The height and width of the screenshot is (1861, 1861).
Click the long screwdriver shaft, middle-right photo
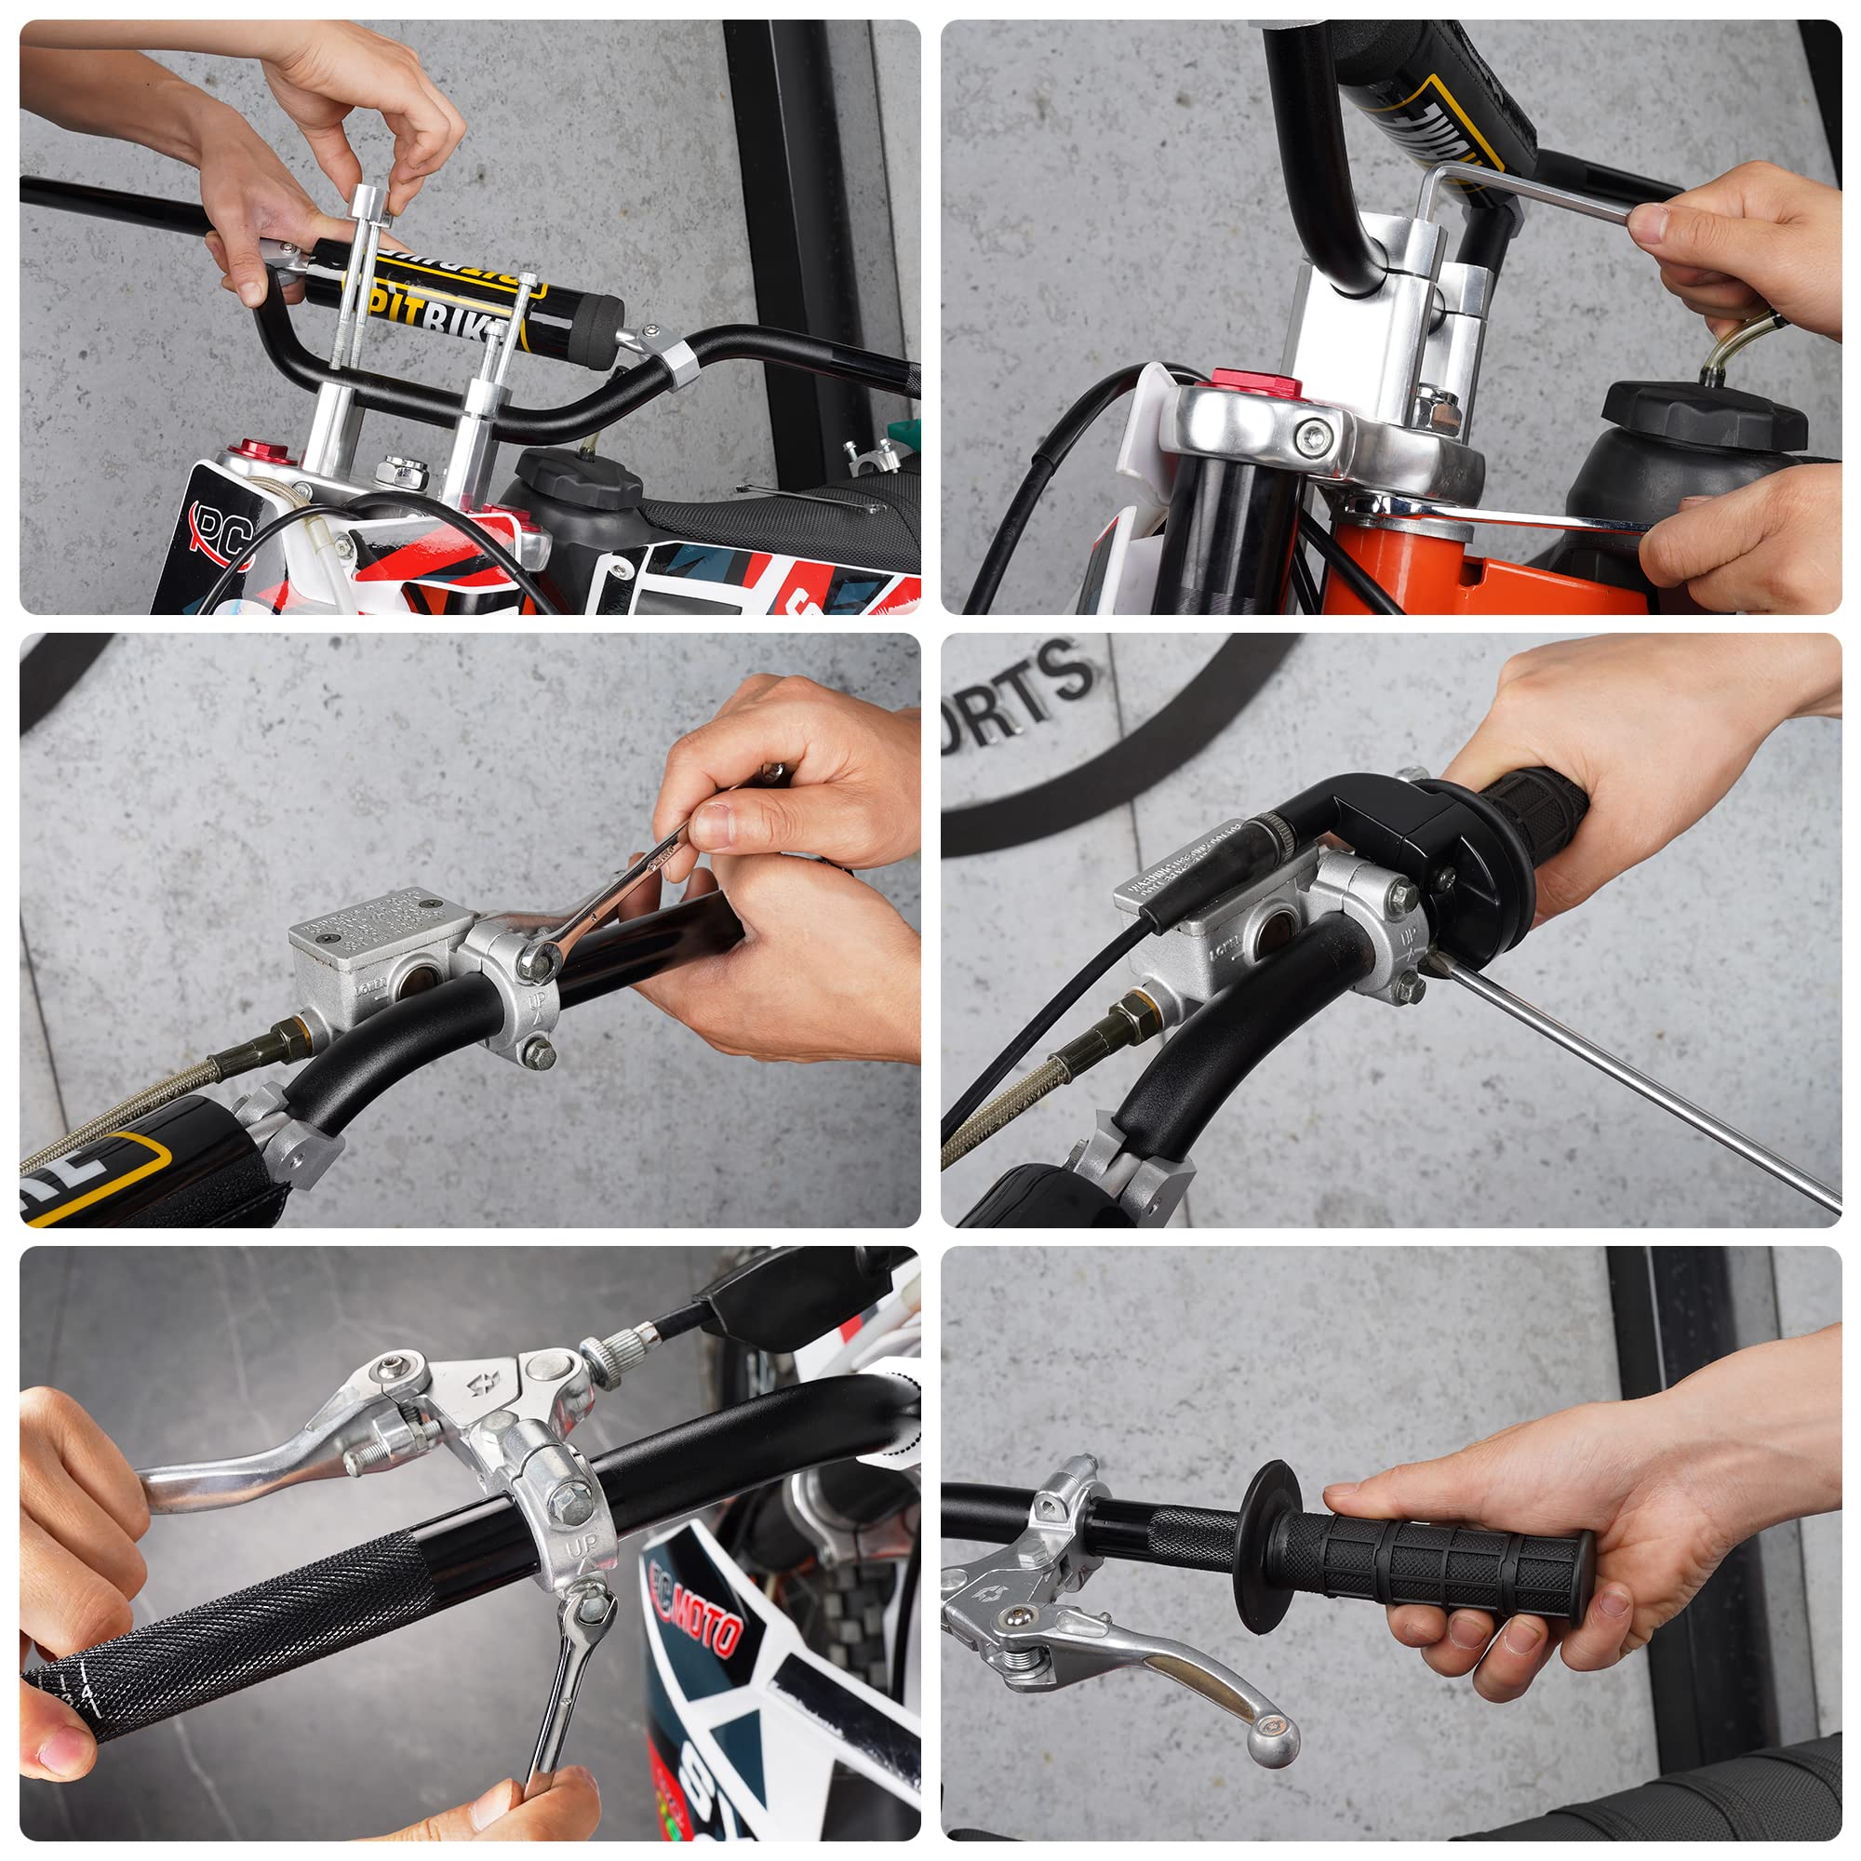pos(1638,1089)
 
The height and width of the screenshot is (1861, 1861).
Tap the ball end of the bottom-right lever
pos(1274,1742)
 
